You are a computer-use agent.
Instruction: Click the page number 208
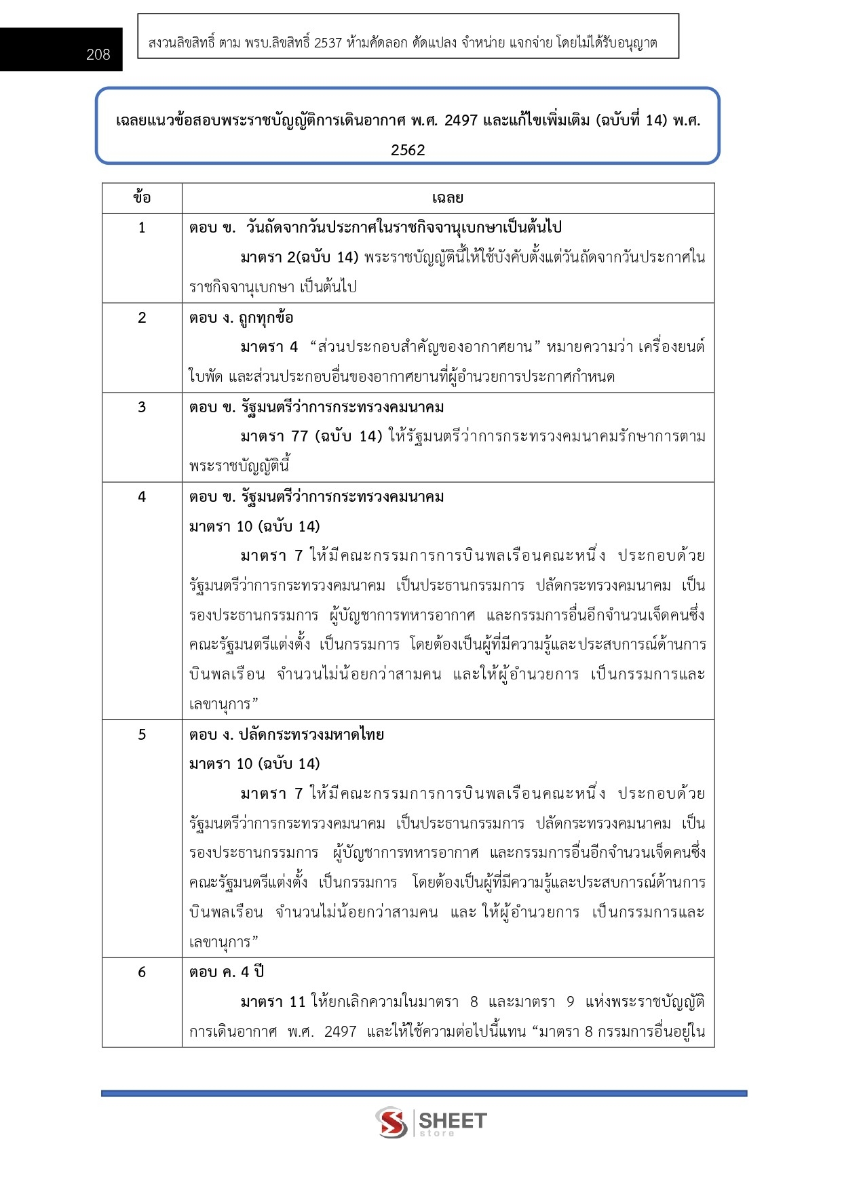click(x=98, y=55)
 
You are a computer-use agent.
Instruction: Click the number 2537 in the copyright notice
click(x=328, y=43)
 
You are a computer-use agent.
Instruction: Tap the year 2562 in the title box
click(x=408, y=150)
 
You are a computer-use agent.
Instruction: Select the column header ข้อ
click(x=142, y=198)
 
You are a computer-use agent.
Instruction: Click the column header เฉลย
click(x=447, y=198)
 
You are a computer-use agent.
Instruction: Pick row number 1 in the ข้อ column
click(x=142, y=228)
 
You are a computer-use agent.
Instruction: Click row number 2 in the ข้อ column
click(x=142, y=317)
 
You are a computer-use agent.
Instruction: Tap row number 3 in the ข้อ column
click(x=142, y=407)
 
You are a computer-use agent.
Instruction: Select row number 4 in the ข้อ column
click(x=142, y=496)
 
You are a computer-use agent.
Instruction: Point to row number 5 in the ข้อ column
click(x=142, y=734)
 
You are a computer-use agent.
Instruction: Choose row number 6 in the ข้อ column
click(x=142, y=972)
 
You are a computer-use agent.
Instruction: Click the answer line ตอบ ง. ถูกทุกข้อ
click(x=241, y=317)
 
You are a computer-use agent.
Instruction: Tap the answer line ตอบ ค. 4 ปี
click(x=227, y=972)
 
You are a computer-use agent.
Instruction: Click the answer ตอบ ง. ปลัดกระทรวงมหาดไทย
click(x=286, y=734)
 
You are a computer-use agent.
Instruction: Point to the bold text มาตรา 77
click(x=275, y=436)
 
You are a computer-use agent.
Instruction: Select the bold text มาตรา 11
click(x=273, y=1001)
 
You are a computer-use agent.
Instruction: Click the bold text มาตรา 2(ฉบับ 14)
click(x=299, y=257)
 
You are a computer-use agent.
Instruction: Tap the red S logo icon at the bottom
click(x=391, y=1122)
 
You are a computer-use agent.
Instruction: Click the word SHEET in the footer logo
click(x=453, y=1120)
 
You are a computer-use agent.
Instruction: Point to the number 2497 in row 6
click(x=340, y=1031)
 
